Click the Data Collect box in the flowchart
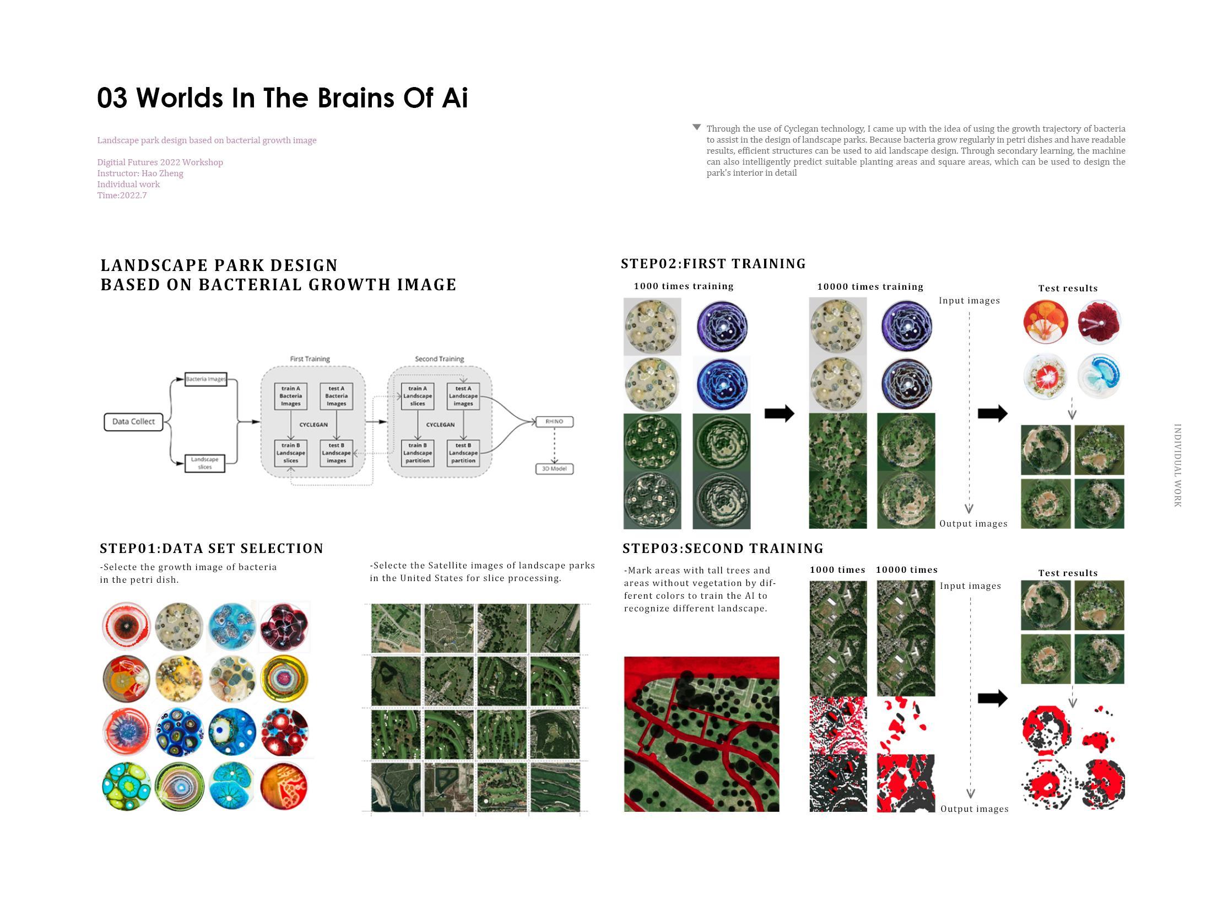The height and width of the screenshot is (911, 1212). coord(133,422)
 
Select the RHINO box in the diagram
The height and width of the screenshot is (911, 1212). coord(554,421)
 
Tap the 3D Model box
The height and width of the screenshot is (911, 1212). coord(554,469)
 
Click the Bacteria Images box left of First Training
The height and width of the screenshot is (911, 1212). coord(205,379)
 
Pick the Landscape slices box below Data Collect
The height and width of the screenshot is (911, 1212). coord(204,463)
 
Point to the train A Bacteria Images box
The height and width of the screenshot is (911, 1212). coord(291,396)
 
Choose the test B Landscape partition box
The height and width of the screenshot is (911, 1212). coord(463,453)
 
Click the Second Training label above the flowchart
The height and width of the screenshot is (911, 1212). coord(439,359)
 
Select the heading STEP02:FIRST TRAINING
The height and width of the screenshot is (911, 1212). coord(713,264)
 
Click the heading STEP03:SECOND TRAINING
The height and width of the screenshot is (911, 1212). coord(723,549)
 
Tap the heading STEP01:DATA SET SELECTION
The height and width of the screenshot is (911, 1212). coord(212,549)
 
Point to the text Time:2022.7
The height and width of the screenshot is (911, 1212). coord(122,196)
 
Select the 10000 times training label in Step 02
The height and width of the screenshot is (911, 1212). coord(870,286)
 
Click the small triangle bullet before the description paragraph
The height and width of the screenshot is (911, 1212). coord(696,128)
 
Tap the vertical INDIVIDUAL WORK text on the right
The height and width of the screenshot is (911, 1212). coord(1177,465)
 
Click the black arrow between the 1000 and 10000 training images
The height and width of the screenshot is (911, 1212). coord(779,414)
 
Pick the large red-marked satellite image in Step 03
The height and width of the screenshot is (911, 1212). coord(701,734)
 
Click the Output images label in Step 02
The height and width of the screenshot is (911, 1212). coord(973,524)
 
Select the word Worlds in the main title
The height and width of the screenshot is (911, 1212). coord(181,98)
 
